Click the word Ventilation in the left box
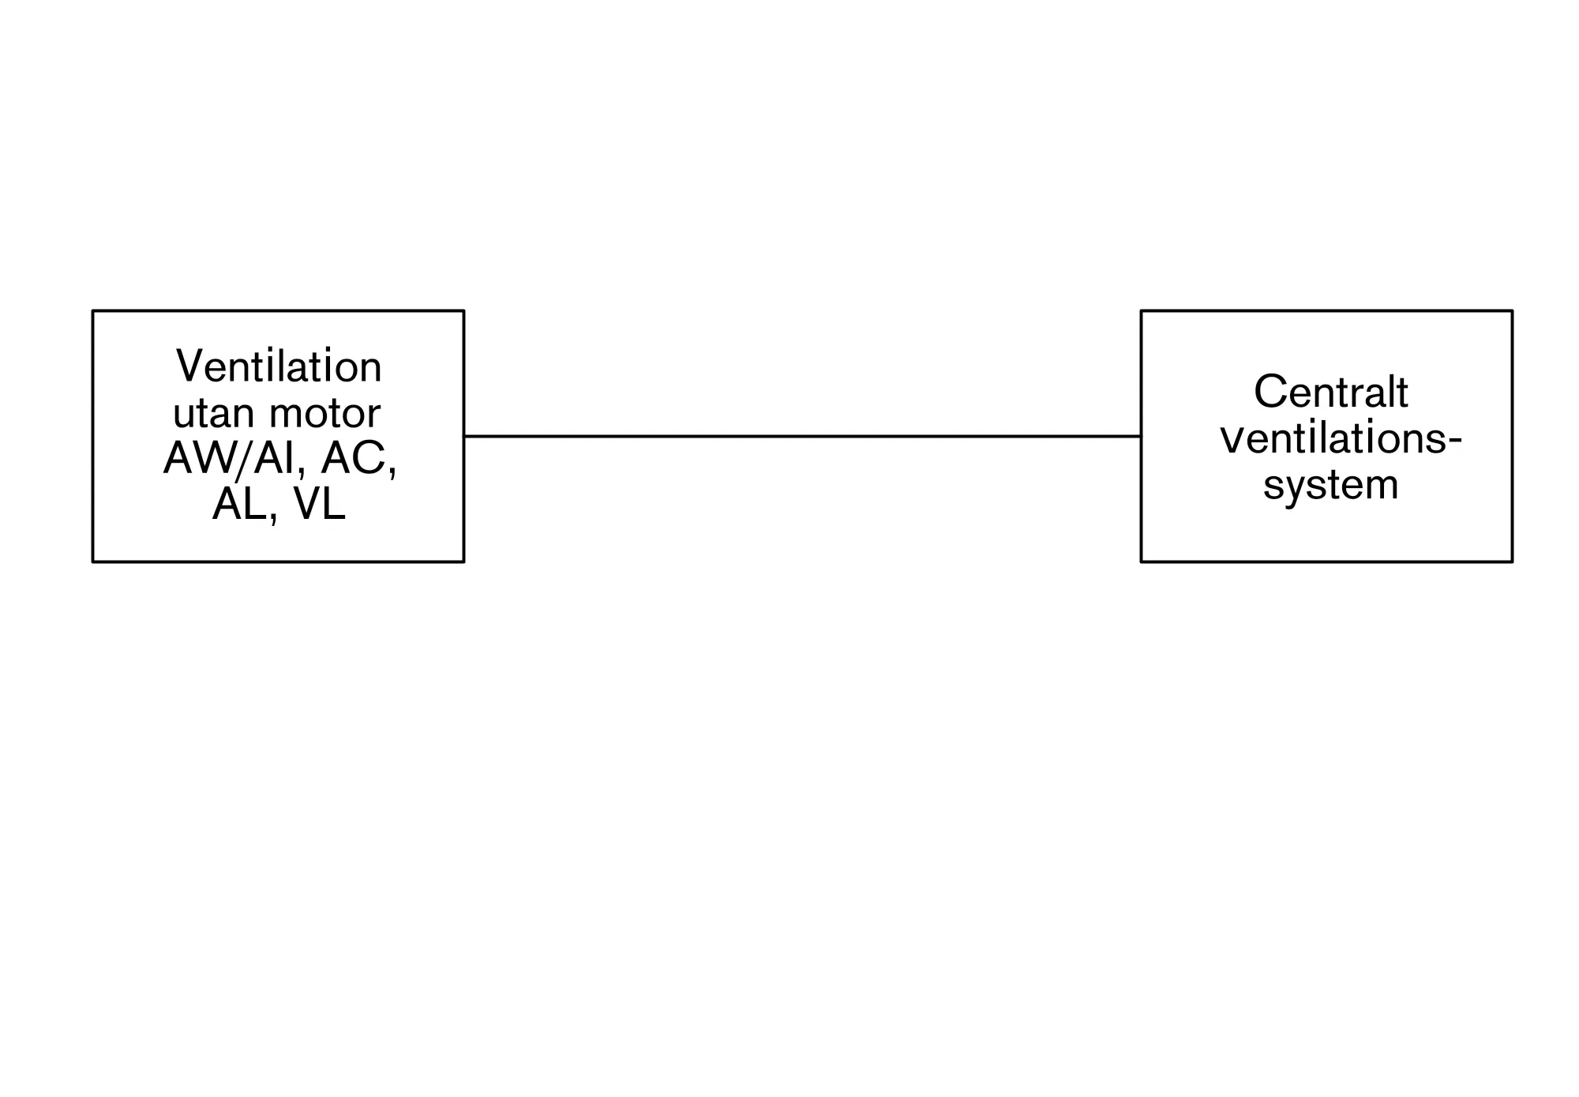tap(279, 366)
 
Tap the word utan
tap(213, 413)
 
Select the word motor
tap(325, 413)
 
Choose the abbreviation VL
tap(319, 504)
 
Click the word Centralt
tap(1331, 392)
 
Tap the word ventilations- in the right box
tap(1341, 438)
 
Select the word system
tap(1331, 485)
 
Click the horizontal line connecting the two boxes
tap(802, 436)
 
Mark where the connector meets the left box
tap(464, 436)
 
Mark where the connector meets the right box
tap(1141, 436)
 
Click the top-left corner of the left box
tap(93, 310)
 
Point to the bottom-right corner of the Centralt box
tap(1513, 562)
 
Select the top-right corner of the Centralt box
tap(1513, 310)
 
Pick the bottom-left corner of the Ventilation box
tap(93, 562)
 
